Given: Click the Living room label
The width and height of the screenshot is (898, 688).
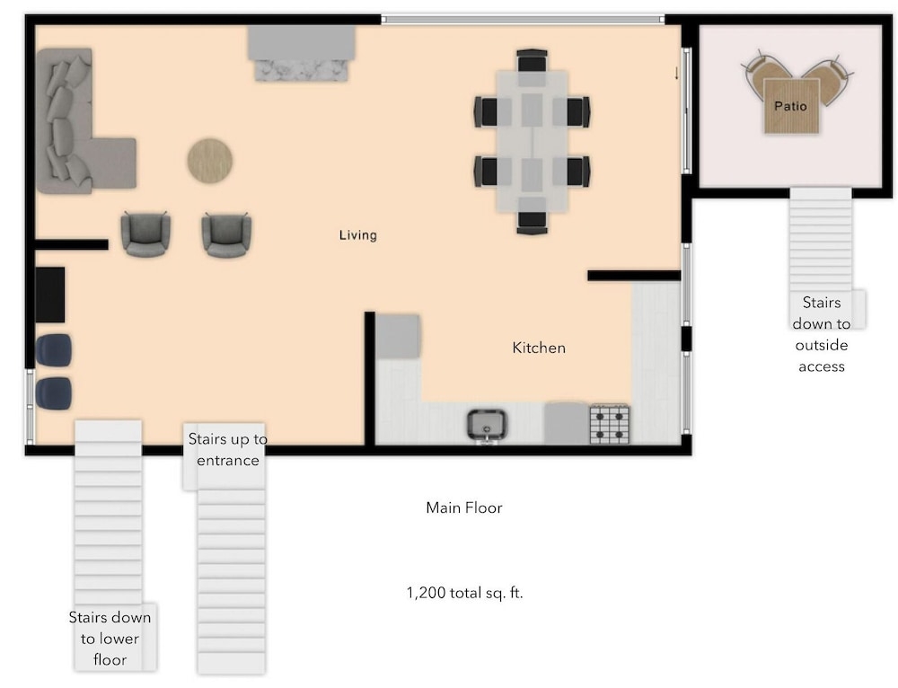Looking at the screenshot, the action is [358, 234].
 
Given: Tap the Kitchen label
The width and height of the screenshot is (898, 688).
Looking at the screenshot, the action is [539, 348].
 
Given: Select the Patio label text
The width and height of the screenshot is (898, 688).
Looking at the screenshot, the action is [790, 106].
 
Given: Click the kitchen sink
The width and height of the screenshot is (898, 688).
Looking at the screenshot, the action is [487, 425].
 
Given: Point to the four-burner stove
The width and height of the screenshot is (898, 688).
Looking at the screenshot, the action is [610, 424].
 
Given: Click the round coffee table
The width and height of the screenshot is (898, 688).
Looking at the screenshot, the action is [209, 161].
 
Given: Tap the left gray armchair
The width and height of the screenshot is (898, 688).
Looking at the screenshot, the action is [145, 234].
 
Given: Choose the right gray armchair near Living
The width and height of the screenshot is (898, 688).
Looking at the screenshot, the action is [226, 234].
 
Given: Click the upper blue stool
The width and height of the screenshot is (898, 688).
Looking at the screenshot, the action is [54, 350].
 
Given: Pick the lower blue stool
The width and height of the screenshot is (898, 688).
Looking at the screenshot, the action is [54, 393].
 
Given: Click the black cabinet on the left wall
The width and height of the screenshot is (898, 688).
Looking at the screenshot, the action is [50, 295].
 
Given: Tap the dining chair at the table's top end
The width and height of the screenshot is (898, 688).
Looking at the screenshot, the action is [532, 61].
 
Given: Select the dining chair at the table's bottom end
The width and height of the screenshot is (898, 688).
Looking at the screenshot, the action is [532, 222].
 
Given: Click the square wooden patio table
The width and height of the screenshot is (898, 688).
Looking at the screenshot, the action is [792, 107].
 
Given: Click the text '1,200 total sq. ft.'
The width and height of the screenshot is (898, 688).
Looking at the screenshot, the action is [464, 593].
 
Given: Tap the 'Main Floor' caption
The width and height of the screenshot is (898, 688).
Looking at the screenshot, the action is [464, 507].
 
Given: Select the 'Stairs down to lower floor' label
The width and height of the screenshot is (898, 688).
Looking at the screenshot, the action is [110, 639].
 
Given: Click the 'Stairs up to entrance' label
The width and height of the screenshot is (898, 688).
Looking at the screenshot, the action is [228, 450].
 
